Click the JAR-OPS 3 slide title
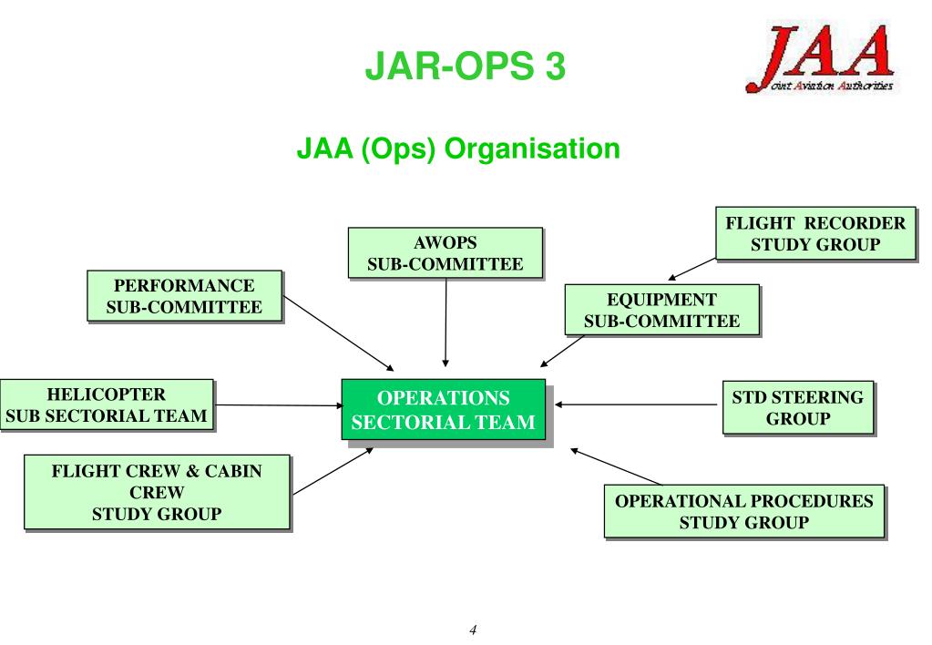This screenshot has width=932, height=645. (466, 67)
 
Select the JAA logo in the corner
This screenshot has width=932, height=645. (820, 60)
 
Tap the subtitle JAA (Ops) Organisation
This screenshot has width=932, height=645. (457, 148)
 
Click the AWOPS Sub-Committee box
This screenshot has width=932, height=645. (445, 252)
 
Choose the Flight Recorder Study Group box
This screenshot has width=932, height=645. (814, 232)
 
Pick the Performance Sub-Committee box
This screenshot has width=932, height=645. (184, 295)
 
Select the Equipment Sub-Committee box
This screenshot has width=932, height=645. (661, 310)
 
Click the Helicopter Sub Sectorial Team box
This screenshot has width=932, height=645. (107, 405)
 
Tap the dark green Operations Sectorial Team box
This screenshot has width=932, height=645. (443, 409)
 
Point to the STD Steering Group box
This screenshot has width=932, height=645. (797, 407)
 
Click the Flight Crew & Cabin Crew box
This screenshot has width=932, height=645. (157, 492)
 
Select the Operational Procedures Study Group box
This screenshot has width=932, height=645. (743, 511)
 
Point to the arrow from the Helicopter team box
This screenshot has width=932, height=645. (278, 404)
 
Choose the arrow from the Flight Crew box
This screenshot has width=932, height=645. (333, 470)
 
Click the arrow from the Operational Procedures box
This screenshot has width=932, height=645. (615, 466)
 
